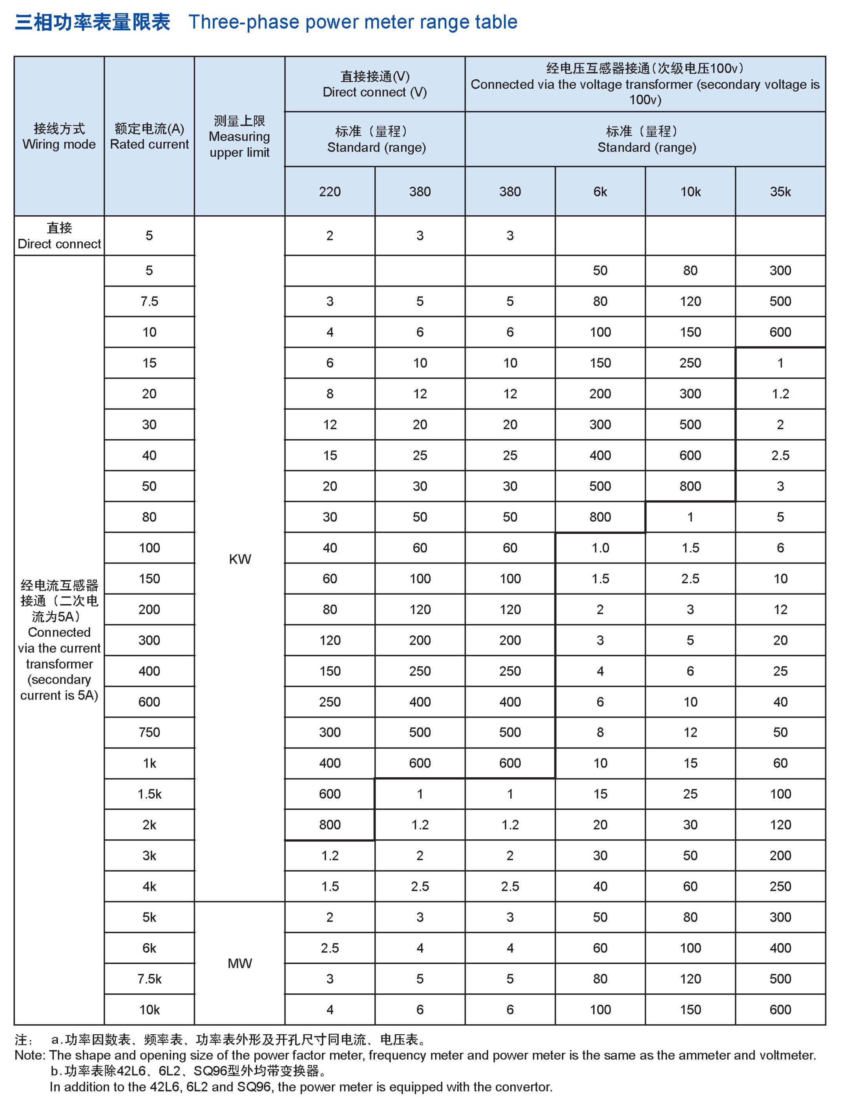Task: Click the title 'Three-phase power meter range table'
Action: pyautogui.click(x=353, y=22)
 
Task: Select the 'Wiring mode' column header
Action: pyautogui.click(x=59, y=137)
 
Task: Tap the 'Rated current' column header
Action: pyautogui.click(x=150, y=137)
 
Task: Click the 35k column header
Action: pyautogui.click(x=780, y=192)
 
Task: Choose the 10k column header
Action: pyautogui.click(x=690, y=192)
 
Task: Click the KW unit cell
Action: pyautogui.click(x=240, y=559)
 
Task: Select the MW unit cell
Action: pyautogui.click(x=240, y=963)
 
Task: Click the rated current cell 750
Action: pyautogui.click(x=150, y=732)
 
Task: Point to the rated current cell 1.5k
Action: pyautogui.click(x=150, y=794)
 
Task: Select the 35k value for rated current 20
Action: pyautogui.click(x=780, y=394)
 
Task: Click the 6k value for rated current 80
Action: pyautogui.click(x=600, y=517)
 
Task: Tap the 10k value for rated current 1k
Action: pyautogui.click(x=690, y=763)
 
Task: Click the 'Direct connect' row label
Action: pyautogui.click(x=59, y=236)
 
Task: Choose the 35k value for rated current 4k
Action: pyautogui.click(x=780, y=886)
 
